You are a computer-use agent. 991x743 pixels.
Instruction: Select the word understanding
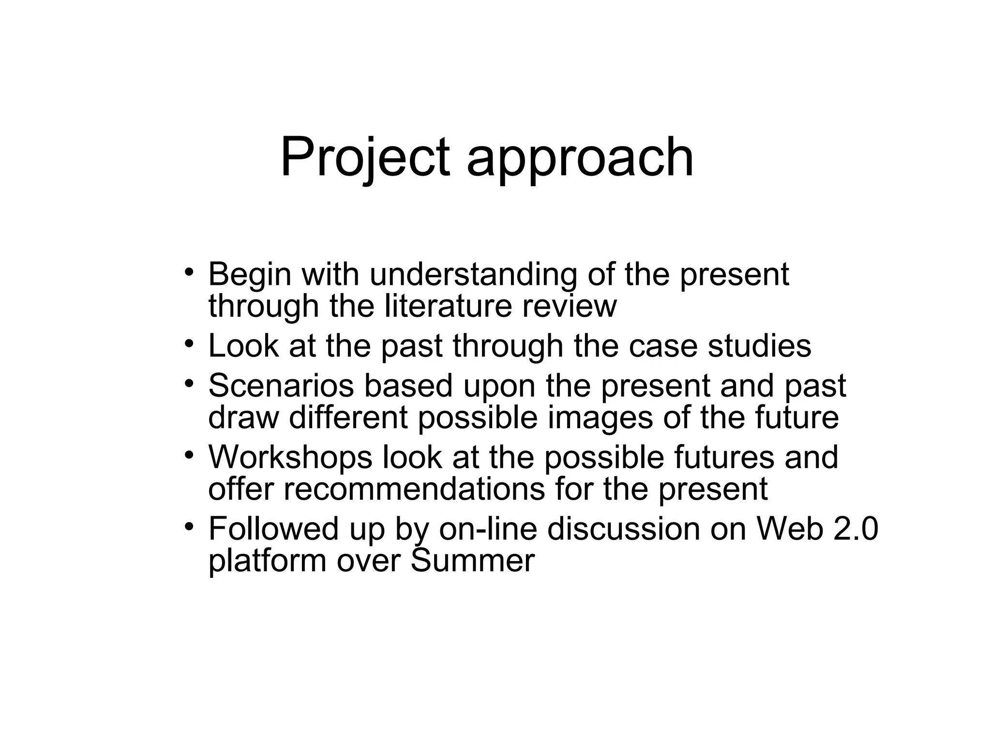tap(473, 275)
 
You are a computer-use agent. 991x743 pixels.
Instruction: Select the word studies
tap(759, 346)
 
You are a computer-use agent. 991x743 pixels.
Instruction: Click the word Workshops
tap(290, 457)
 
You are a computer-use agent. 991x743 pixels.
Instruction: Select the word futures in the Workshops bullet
tap(723, 457)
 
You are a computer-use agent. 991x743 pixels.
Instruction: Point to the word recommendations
tap(414, 489)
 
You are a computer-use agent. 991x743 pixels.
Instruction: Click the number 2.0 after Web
tap(856, 528)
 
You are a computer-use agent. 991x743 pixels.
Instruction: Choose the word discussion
tap(624, 528)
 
